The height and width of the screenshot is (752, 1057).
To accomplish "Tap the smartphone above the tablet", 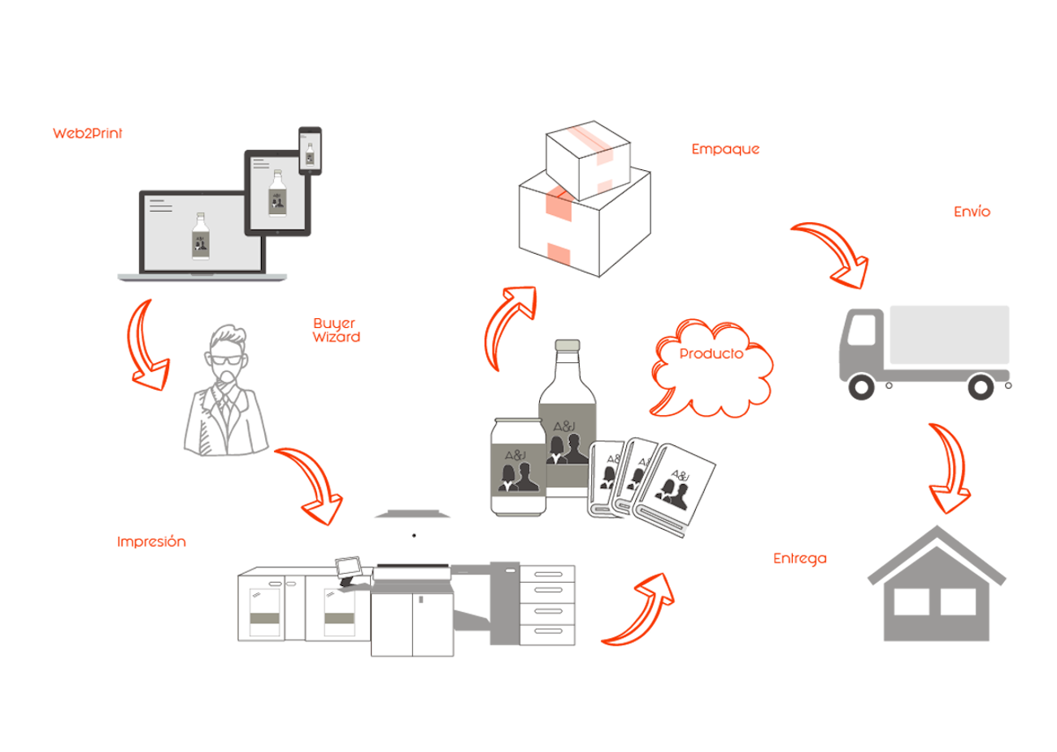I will (310, 149).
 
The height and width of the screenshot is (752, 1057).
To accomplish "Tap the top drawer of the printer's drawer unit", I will (547, 575).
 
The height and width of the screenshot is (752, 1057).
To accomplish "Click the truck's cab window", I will (861, 330).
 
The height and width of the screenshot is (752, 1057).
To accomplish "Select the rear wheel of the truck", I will (981, 387).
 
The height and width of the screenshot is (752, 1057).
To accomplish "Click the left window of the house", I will (910, 601).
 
